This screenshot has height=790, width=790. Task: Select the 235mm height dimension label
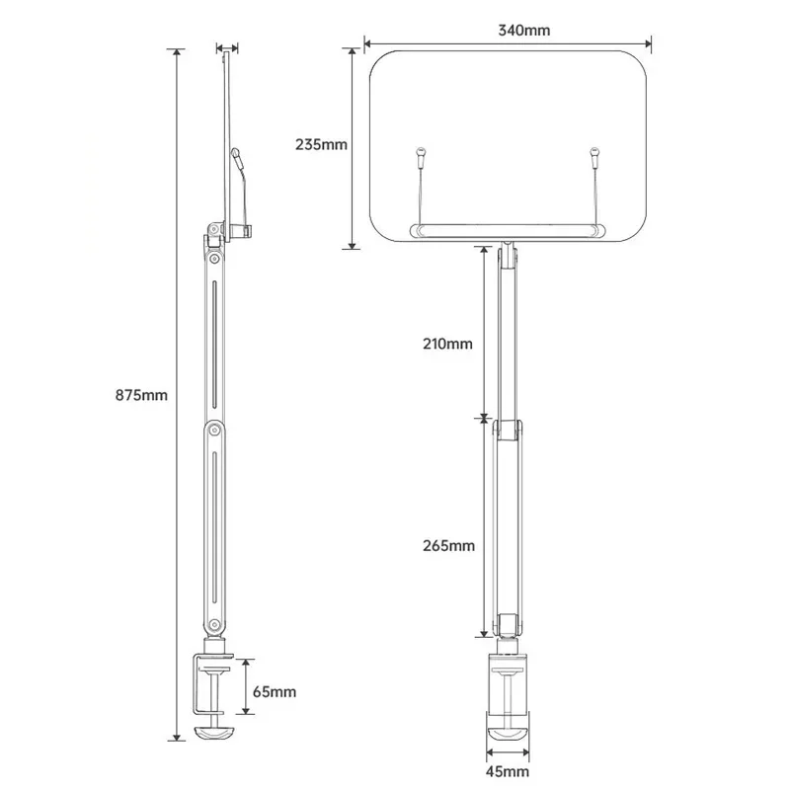[322, 144]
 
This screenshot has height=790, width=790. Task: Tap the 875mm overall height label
[142, 395]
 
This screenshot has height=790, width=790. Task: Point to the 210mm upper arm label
[446, 344]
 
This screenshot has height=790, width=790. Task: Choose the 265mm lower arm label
[446, 545]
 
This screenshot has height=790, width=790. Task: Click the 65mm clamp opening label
[274, 691]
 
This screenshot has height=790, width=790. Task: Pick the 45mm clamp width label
[507, 770]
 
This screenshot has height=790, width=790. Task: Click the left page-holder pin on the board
[421, 153]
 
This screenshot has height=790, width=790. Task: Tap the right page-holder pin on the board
[594, 153]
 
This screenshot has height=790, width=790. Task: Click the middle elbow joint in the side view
[212, 430]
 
